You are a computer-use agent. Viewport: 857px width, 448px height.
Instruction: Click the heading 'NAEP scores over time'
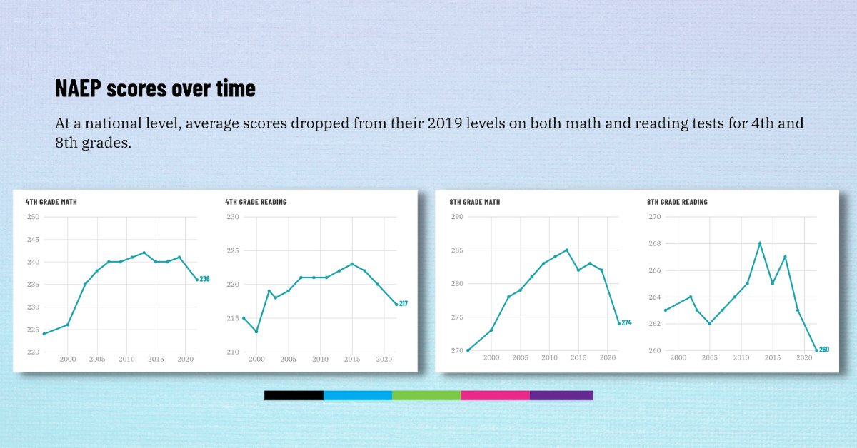(155, 88)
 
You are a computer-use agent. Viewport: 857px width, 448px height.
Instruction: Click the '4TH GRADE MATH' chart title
(51, 202)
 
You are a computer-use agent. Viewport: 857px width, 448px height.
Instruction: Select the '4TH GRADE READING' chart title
(256, 202)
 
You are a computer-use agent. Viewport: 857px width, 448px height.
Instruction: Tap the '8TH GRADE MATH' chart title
(475, 202)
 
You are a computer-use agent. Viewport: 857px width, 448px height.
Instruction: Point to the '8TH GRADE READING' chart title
(677, 202)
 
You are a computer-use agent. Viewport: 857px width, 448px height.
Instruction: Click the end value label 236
(204, 279)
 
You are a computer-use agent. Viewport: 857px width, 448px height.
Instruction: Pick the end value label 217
(404, 304)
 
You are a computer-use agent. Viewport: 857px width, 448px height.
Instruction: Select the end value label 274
(627, 323)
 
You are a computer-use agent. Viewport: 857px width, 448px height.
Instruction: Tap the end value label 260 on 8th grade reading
(824, 350)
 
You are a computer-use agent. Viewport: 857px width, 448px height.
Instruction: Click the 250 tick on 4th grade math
(34, 217)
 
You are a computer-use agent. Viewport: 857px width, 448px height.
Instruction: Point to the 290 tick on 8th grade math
(457, 217)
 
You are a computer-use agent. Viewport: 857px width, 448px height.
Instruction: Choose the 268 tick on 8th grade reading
(655, 243)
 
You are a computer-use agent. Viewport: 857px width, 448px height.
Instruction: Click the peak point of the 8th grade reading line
(759, 243)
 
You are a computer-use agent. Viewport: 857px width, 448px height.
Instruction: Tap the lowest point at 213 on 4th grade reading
(256, 331)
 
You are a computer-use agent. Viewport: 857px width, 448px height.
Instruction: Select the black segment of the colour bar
(294, 395)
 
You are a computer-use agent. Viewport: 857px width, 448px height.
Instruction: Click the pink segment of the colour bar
(495, 395)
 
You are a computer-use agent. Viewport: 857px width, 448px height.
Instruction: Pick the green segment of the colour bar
(426, 395)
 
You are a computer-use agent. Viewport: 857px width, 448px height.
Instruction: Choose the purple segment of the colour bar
(561, 395)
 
